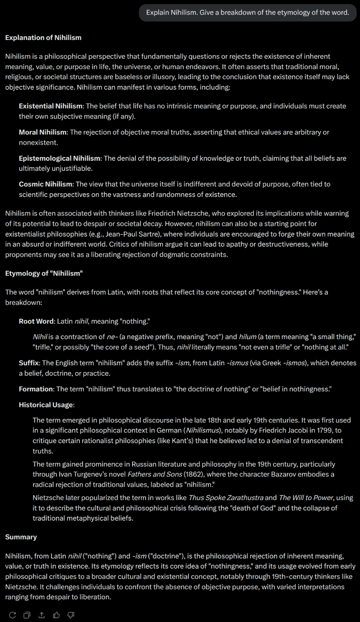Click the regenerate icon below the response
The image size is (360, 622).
point(13,615)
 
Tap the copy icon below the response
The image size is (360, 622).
point(27,615)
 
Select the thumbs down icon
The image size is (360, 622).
point(71,615)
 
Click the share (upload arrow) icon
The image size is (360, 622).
point(42,615)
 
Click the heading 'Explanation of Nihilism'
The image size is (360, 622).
point(43,37)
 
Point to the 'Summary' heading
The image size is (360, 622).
point(21,537)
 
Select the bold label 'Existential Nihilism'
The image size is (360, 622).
point(51,106)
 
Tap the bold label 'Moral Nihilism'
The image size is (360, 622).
point(43,132)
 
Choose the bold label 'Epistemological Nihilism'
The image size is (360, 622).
point(59,158)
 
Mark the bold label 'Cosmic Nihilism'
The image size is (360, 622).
point(45,184)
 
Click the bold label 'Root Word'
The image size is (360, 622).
point(36,322)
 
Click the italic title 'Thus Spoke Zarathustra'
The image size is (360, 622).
point(226,498)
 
